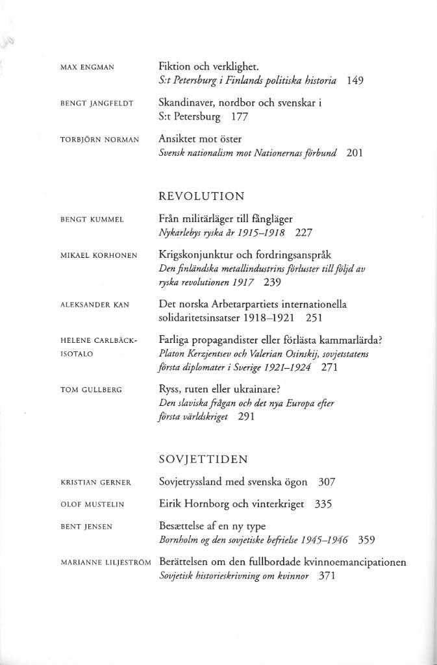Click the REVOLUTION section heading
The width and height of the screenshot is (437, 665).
point(201,196)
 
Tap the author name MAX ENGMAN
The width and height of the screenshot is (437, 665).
point(86,68)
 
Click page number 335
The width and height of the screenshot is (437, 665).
point(323,503)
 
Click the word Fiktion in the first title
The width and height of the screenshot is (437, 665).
point(175,66)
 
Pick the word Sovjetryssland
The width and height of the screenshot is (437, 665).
point(196,482)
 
